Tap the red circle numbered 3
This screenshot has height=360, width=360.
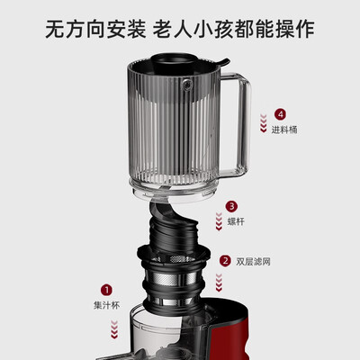coord(231,206)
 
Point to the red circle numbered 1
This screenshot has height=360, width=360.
coord(107,290)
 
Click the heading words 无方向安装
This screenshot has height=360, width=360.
coord(92,28)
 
